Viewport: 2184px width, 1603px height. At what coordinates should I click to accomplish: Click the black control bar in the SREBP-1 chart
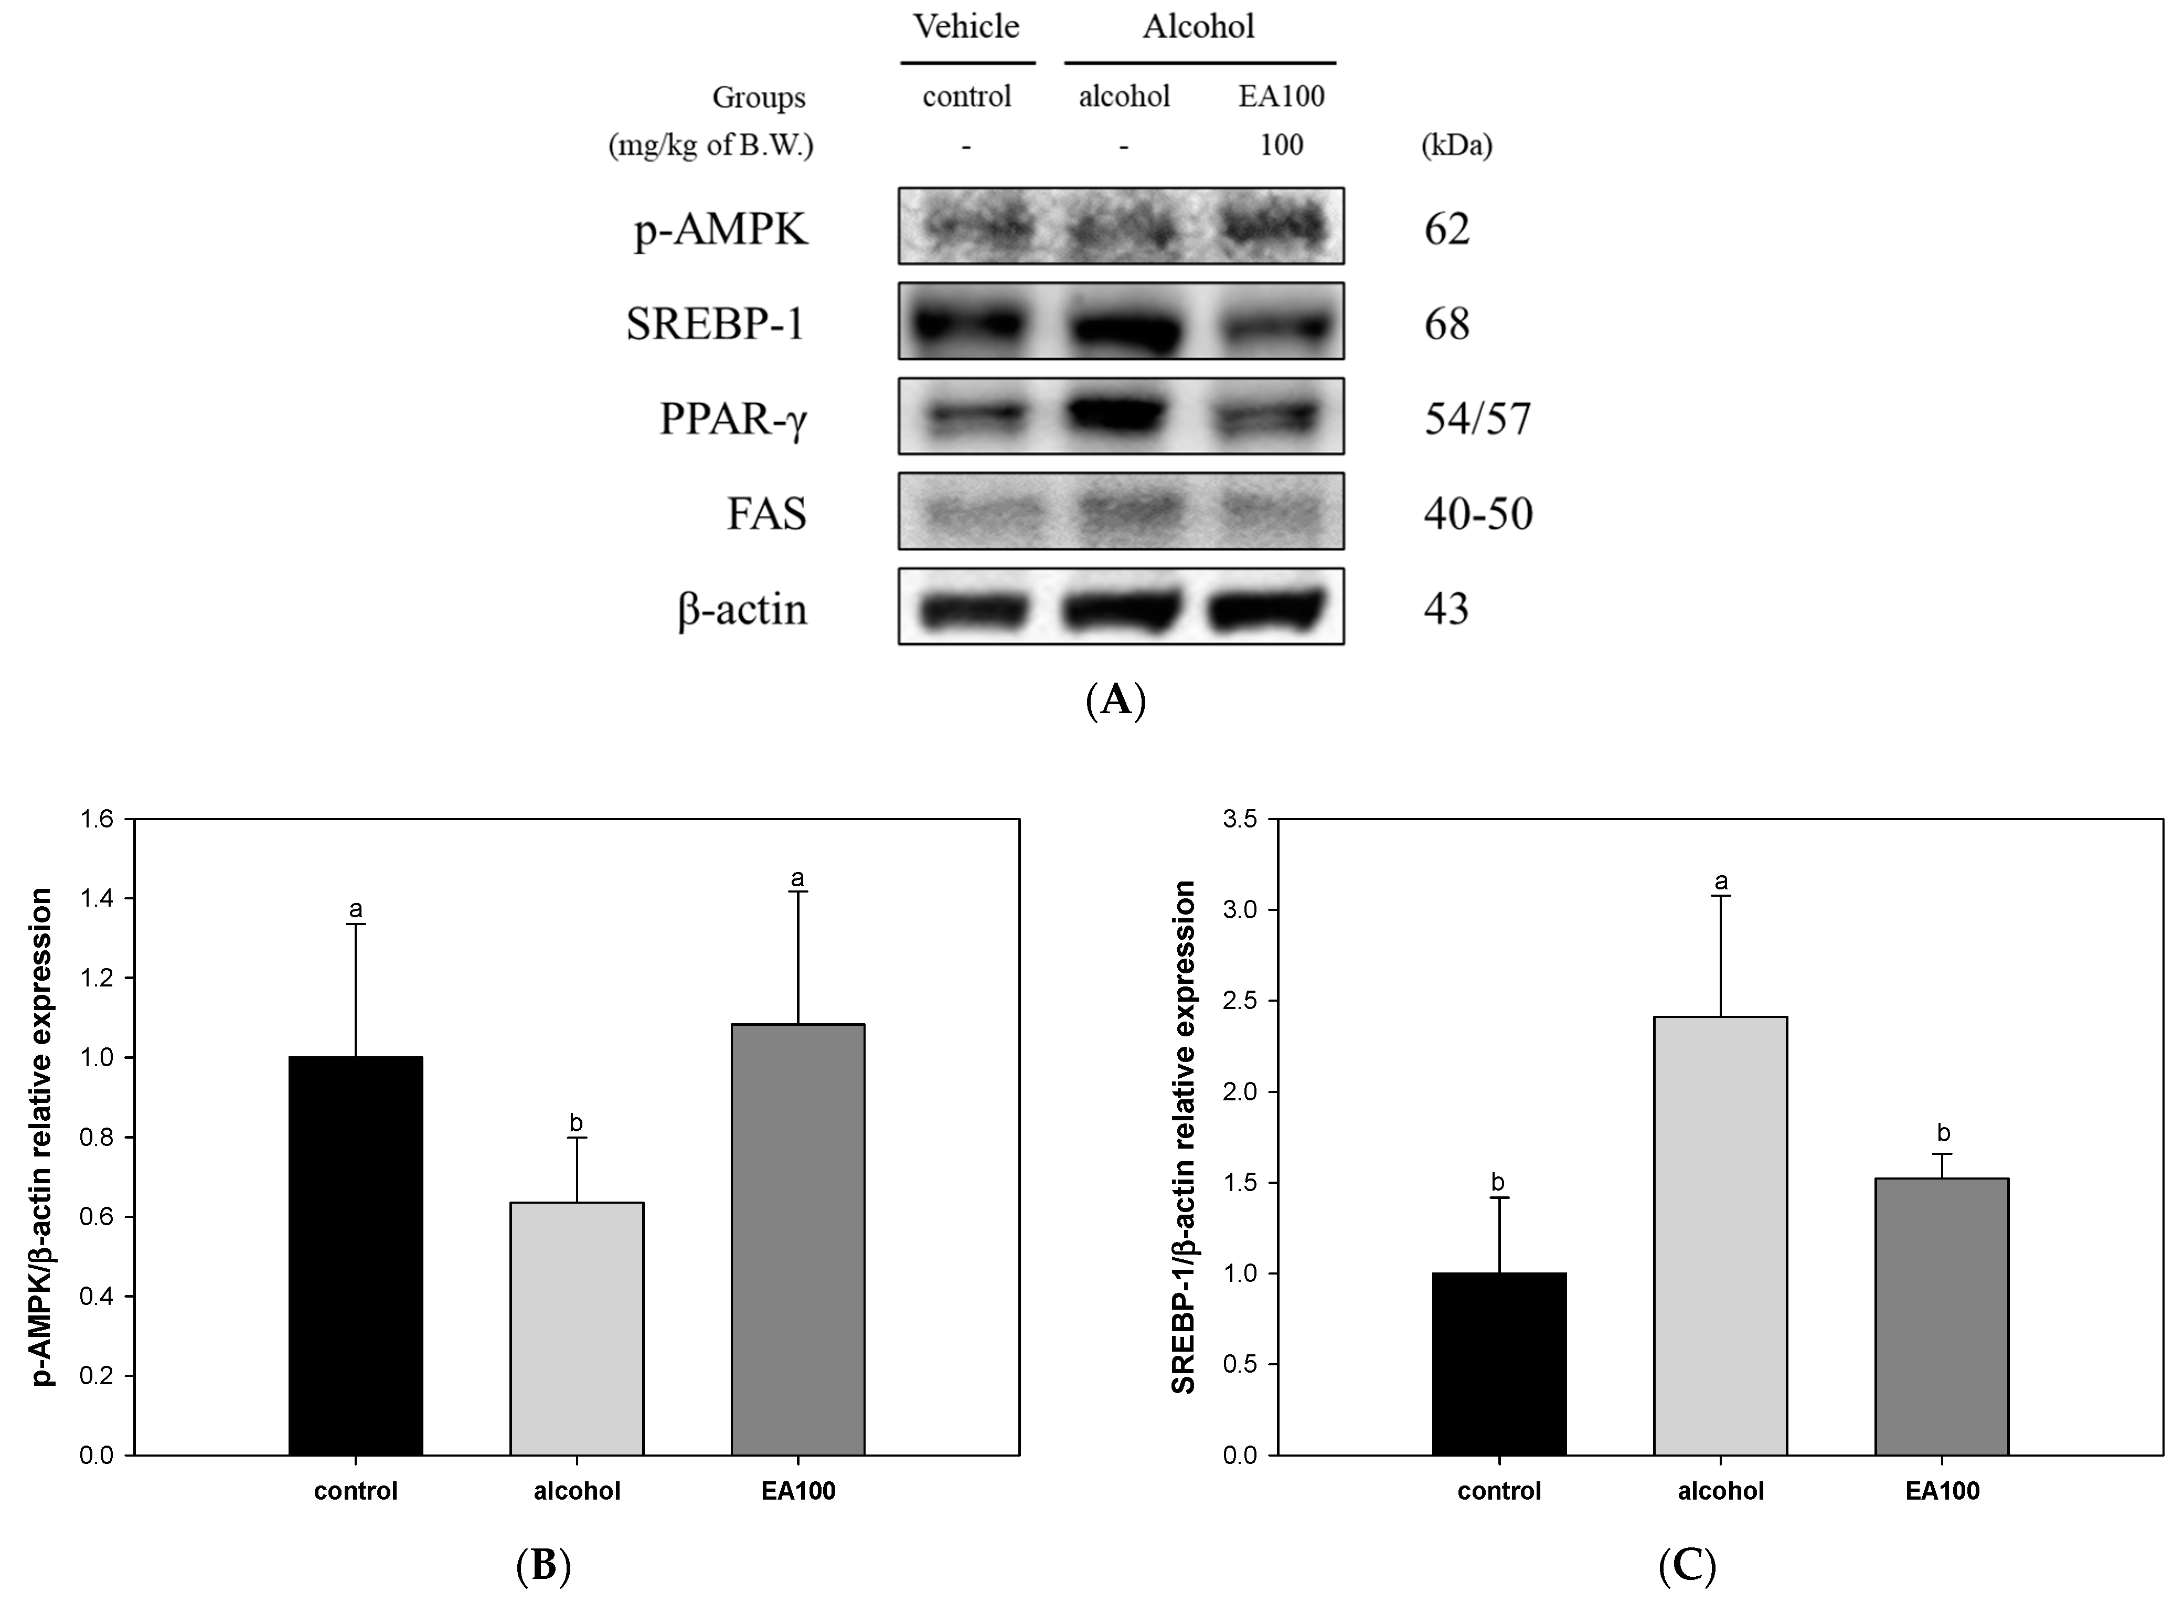tap(1499, 1363)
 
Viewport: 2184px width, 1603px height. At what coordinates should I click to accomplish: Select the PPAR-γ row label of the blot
tap(733, 419)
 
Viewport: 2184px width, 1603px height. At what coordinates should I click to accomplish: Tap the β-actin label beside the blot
tap(742, 609)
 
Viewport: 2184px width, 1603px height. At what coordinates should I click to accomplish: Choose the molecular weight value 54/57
tap(1477, 419)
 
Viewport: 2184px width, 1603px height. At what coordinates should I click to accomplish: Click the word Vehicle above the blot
tap(966, 26)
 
